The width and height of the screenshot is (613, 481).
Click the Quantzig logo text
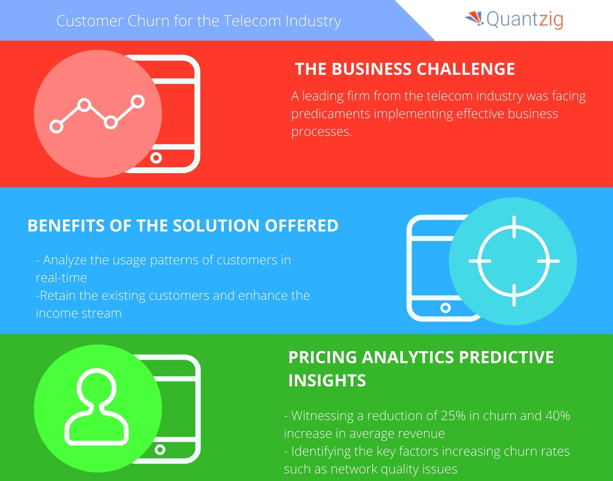tap(525, 20)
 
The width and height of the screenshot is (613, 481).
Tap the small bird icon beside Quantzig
tap(474, 19)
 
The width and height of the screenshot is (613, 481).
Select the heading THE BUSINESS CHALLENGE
tap(405, 69)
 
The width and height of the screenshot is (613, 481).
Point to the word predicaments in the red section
tap(330, 113)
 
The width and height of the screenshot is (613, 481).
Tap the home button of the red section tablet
tap(156, 158)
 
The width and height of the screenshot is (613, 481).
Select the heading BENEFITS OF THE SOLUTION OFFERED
tap(182, 225)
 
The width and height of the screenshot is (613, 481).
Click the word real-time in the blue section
tap(61, 277)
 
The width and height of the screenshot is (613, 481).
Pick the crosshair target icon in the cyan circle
tap(514, 261)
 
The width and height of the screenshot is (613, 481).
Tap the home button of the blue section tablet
tap(445, 308)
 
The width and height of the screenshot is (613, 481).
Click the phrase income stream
tap(78, 313)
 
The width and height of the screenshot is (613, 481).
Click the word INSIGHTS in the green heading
tap(327, 380)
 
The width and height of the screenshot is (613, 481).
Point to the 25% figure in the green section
tap(453, 415)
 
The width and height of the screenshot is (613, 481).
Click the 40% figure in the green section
tap(557, 415)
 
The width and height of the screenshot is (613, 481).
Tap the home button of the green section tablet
tap(160, 450)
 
